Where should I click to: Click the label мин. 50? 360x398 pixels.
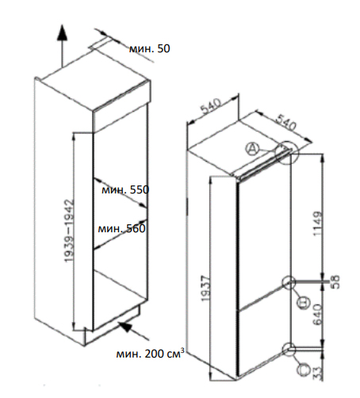149,48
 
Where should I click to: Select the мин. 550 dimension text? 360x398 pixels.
125,189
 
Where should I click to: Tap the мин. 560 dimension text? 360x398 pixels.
121,228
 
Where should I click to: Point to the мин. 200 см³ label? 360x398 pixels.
150,354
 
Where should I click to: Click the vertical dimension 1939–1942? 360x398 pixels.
69,231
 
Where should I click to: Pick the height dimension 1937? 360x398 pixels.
205,289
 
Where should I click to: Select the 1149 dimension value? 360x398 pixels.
318,224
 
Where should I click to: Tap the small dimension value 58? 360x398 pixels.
335,281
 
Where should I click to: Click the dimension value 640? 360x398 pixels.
317,314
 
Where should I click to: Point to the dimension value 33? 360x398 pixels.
318,373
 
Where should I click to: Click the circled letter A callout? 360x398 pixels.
252,149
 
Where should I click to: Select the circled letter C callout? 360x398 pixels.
303,369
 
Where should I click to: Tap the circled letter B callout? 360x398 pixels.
303,302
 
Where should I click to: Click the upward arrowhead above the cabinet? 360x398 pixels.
63,33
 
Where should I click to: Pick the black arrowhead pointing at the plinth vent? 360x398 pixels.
125,327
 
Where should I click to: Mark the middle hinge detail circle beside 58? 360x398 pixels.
289,282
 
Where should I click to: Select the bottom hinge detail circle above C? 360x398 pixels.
289,350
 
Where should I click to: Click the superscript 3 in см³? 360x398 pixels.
182,350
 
